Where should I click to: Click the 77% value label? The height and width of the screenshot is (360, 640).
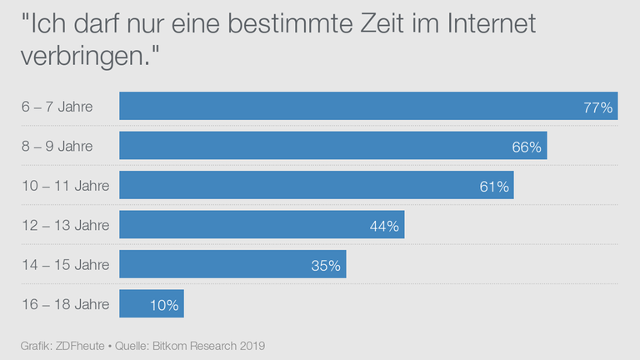click(x=598, y=107)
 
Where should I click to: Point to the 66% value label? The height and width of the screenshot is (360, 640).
click(x=527, y=147)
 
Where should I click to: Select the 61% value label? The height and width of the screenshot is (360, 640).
click(x=494, y=187)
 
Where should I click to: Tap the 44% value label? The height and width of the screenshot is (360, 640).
click(x=385, y=226)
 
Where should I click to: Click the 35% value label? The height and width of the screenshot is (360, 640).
click(x=326, y=266)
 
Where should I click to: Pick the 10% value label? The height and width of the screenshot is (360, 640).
click(x=164, y=305)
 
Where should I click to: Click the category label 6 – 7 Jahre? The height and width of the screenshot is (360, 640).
click(x=57, y=107)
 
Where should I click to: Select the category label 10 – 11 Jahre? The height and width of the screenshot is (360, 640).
click(x=65, y=186)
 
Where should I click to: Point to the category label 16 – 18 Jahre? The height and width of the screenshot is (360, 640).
click(x=65, y=304)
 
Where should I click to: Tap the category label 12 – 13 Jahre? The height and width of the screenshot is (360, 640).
click(x=65, y=225)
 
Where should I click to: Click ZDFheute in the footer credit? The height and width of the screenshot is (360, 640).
click(x=80, y=344)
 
